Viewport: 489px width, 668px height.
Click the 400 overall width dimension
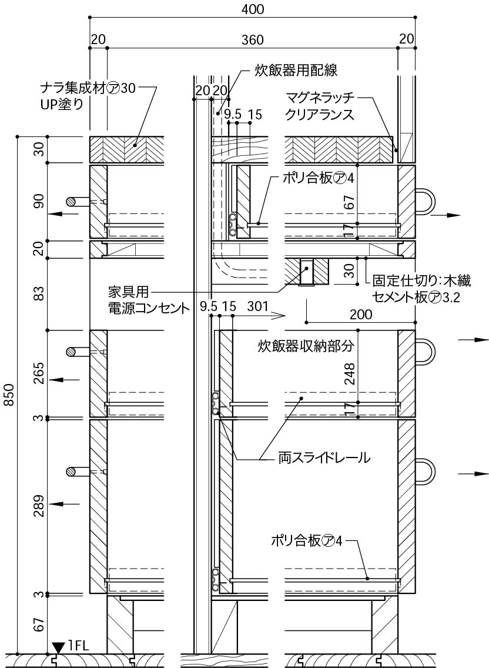pos(252,9)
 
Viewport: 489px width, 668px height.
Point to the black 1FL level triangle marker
pos(58,647)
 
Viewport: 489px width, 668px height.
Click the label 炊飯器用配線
pos(296,71)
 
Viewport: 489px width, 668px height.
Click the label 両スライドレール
pos(324,457)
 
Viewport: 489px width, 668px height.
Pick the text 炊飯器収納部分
pos(306,346)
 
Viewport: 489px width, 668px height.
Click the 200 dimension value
pos(360,314)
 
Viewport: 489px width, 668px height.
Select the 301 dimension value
pos(259,306)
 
